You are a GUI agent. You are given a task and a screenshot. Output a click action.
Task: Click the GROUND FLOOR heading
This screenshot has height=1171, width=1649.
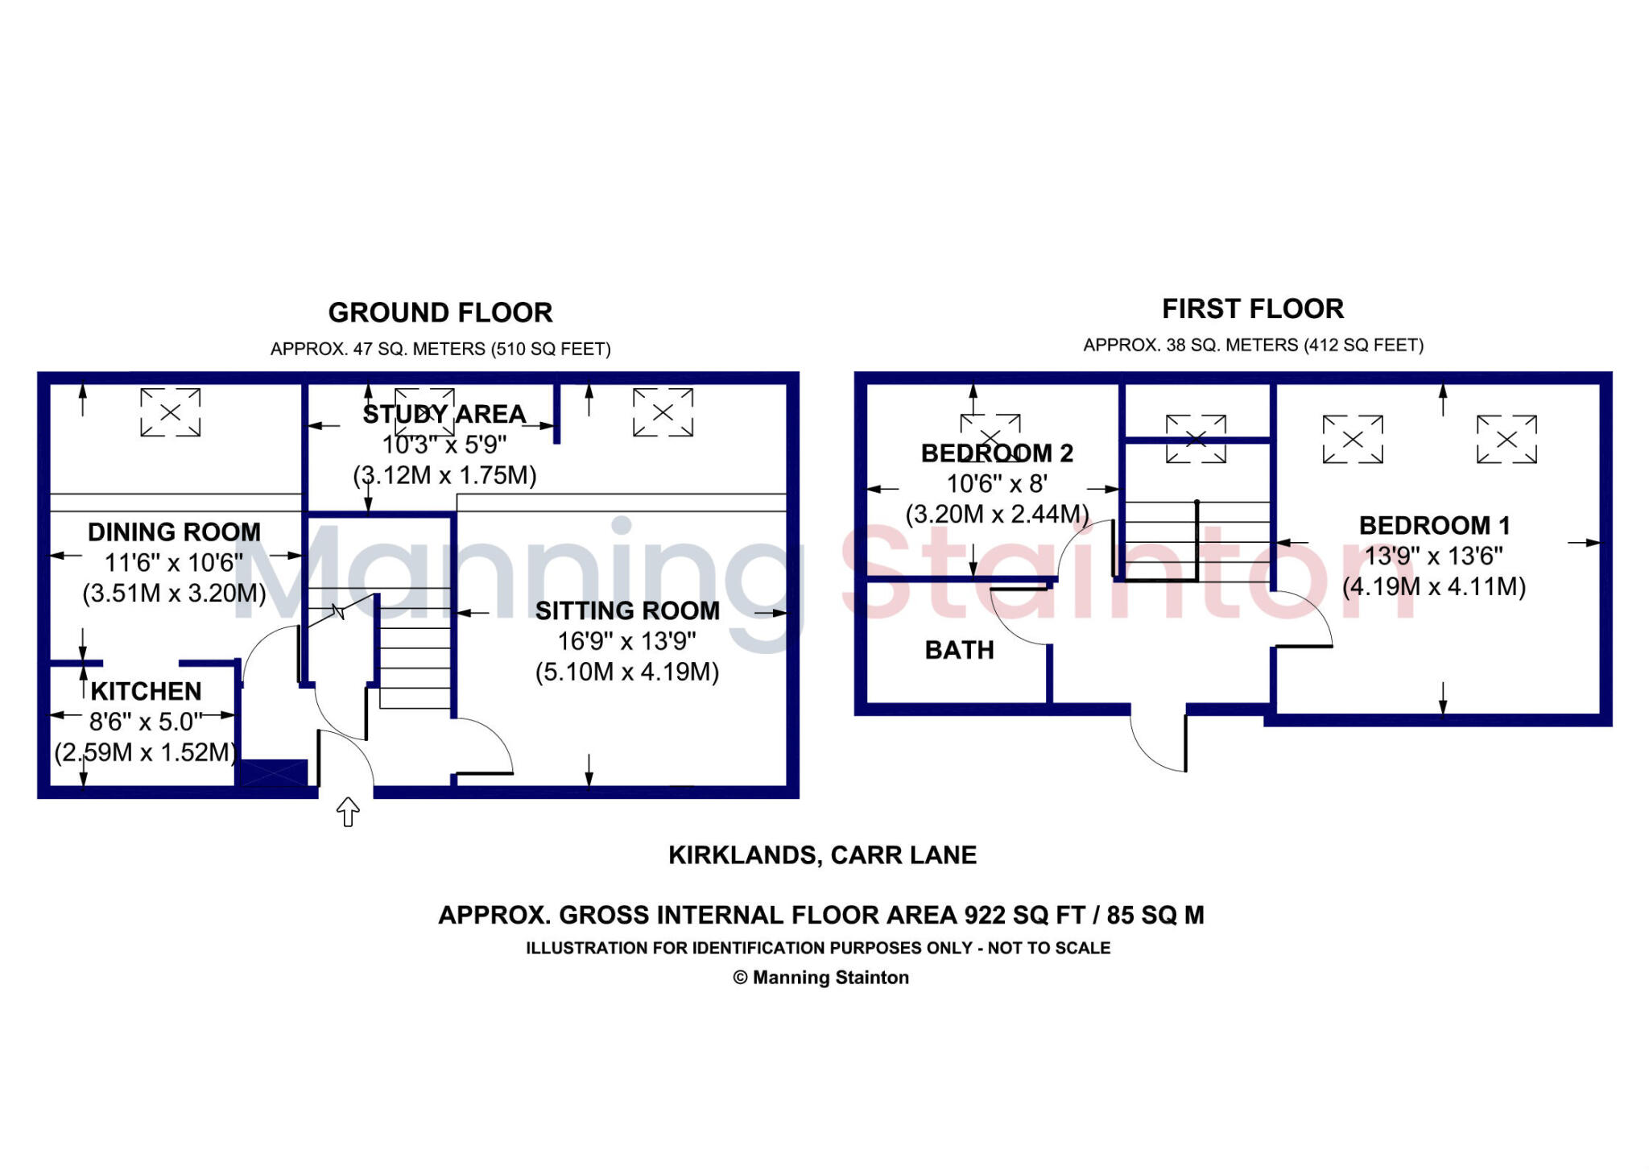440,312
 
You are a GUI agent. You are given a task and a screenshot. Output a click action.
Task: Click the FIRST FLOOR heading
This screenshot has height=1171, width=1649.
1253,308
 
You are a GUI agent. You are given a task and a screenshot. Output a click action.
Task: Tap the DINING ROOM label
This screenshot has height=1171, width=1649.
174,532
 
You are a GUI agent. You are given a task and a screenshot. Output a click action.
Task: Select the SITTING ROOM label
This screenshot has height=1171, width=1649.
627,610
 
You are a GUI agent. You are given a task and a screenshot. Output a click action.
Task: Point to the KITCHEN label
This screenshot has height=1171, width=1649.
146,691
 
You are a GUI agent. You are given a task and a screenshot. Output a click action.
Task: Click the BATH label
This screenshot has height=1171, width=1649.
959,650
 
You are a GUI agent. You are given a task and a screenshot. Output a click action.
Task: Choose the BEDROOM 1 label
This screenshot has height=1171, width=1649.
1434,525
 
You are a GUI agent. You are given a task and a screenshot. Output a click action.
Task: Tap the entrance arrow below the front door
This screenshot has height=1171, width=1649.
347,811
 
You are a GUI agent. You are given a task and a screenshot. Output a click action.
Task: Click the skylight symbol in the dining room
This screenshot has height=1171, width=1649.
170,412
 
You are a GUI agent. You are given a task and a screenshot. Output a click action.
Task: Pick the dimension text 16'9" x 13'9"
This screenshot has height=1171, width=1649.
627,641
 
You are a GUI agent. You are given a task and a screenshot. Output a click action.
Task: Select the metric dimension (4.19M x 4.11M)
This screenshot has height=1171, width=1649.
1434,586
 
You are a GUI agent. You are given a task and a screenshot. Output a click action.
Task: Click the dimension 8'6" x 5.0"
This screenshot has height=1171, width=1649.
146,722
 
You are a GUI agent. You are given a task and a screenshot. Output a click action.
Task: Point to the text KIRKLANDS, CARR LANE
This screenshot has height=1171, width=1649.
822,854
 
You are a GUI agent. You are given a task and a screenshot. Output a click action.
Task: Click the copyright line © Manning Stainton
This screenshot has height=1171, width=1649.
820,977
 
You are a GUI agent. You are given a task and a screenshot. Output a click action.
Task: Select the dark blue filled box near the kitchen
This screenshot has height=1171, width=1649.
274,773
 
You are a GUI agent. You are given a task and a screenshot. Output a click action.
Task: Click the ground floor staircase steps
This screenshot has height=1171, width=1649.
415,648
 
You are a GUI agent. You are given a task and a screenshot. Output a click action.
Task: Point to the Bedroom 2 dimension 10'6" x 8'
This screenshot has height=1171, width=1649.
997,483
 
